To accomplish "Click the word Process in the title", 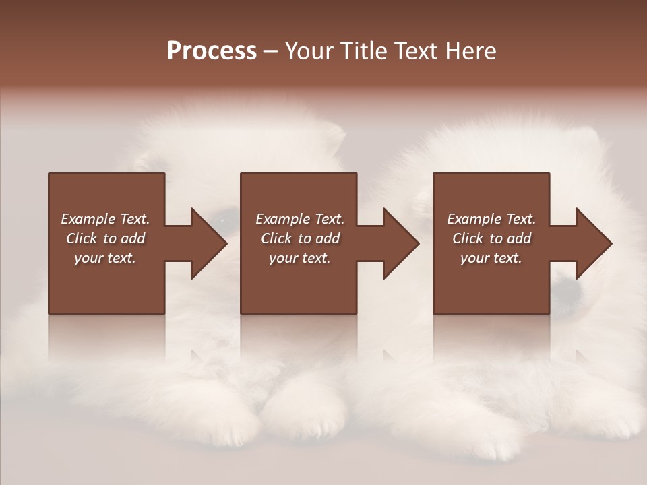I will (x=212, y=51).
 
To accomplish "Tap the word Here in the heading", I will (x=472, y=51).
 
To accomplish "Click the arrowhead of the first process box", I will (x=210, y=243).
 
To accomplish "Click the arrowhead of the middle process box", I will (x=402, y=243).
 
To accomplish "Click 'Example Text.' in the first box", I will (x=105, y=219).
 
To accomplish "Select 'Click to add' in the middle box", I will (x=300, y=238).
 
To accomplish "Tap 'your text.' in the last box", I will (x=491, y=258).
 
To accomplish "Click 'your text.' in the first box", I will (x=105, y=258).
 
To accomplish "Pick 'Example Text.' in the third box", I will (x=491, y=219).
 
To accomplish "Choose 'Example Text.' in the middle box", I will (x=300, y=219).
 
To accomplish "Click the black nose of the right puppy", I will (x=568, y=290).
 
